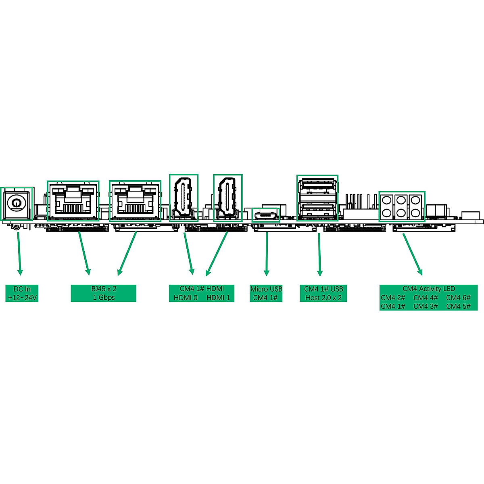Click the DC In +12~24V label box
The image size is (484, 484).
22,294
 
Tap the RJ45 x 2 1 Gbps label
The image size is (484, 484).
104,293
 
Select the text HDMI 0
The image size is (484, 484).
186,298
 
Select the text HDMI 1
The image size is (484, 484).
218,298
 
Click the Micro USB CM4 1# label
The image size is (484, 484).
266,293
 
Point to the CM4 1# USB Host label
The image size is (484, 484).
323,293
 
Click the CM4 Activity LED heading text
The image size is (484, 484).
428,289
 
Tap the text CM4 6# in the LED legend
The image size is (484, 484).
458,298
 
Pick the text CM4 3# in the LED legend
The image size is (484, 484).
426,306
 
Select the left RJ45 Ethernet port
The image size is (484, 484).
73,201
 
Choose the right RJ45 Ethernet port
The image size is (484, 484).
135,201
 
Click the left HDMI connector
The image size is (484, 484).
184,198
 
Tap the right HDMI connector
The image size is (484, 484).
227,198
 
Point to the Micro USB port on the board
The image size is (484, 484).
266,215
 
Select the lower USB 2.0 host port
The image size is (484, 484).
317,209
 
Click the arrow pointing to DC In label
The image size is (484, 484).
19,252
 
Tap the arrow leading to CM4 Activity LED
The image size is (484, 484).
412,254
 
